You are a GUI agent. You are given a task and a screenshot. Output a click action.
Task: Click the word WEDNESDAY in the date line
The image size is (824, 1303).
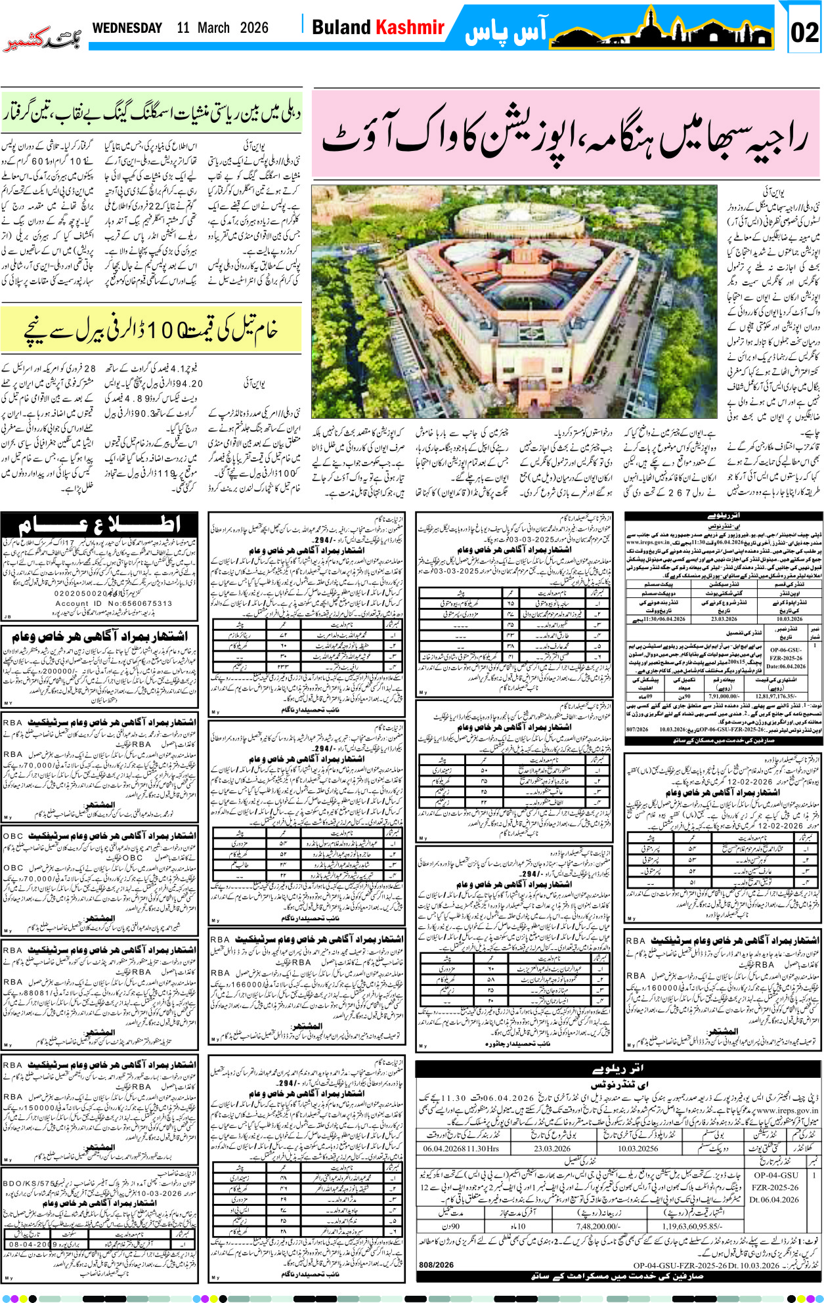pos(127,28)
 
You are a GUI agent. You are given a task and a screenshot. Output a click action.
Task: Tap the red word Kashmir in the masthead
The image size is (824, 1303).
pos(410,28)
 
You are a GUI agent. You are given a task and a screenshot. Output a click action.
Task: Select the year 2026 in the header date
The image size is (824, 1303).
pos(254,28)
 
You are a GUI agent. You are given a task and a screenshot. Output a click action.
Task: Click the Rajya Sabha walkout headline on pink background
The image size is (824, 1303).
pos(565,135)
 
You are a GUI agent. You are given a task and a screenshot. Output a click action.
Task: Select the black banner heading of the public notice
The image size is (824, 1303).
pos(99,526)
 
